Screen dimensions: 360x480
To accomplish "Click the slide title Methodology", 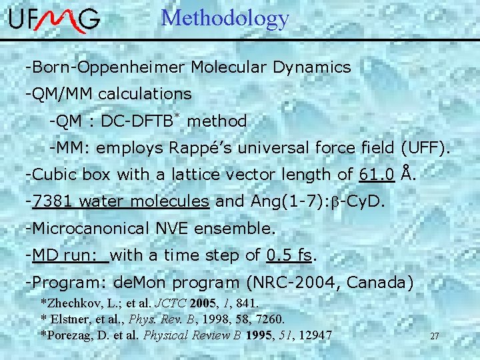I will (225, 18).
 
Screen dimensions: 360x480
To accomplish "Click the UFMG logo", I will (55, 21).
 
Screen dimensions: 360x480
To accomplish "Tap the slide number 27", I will (434, 336).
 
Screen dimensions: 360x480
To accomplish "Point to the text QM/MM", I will (53, 95).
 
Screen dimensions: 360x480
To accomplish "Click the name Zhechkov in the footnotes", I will (75, 303).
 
